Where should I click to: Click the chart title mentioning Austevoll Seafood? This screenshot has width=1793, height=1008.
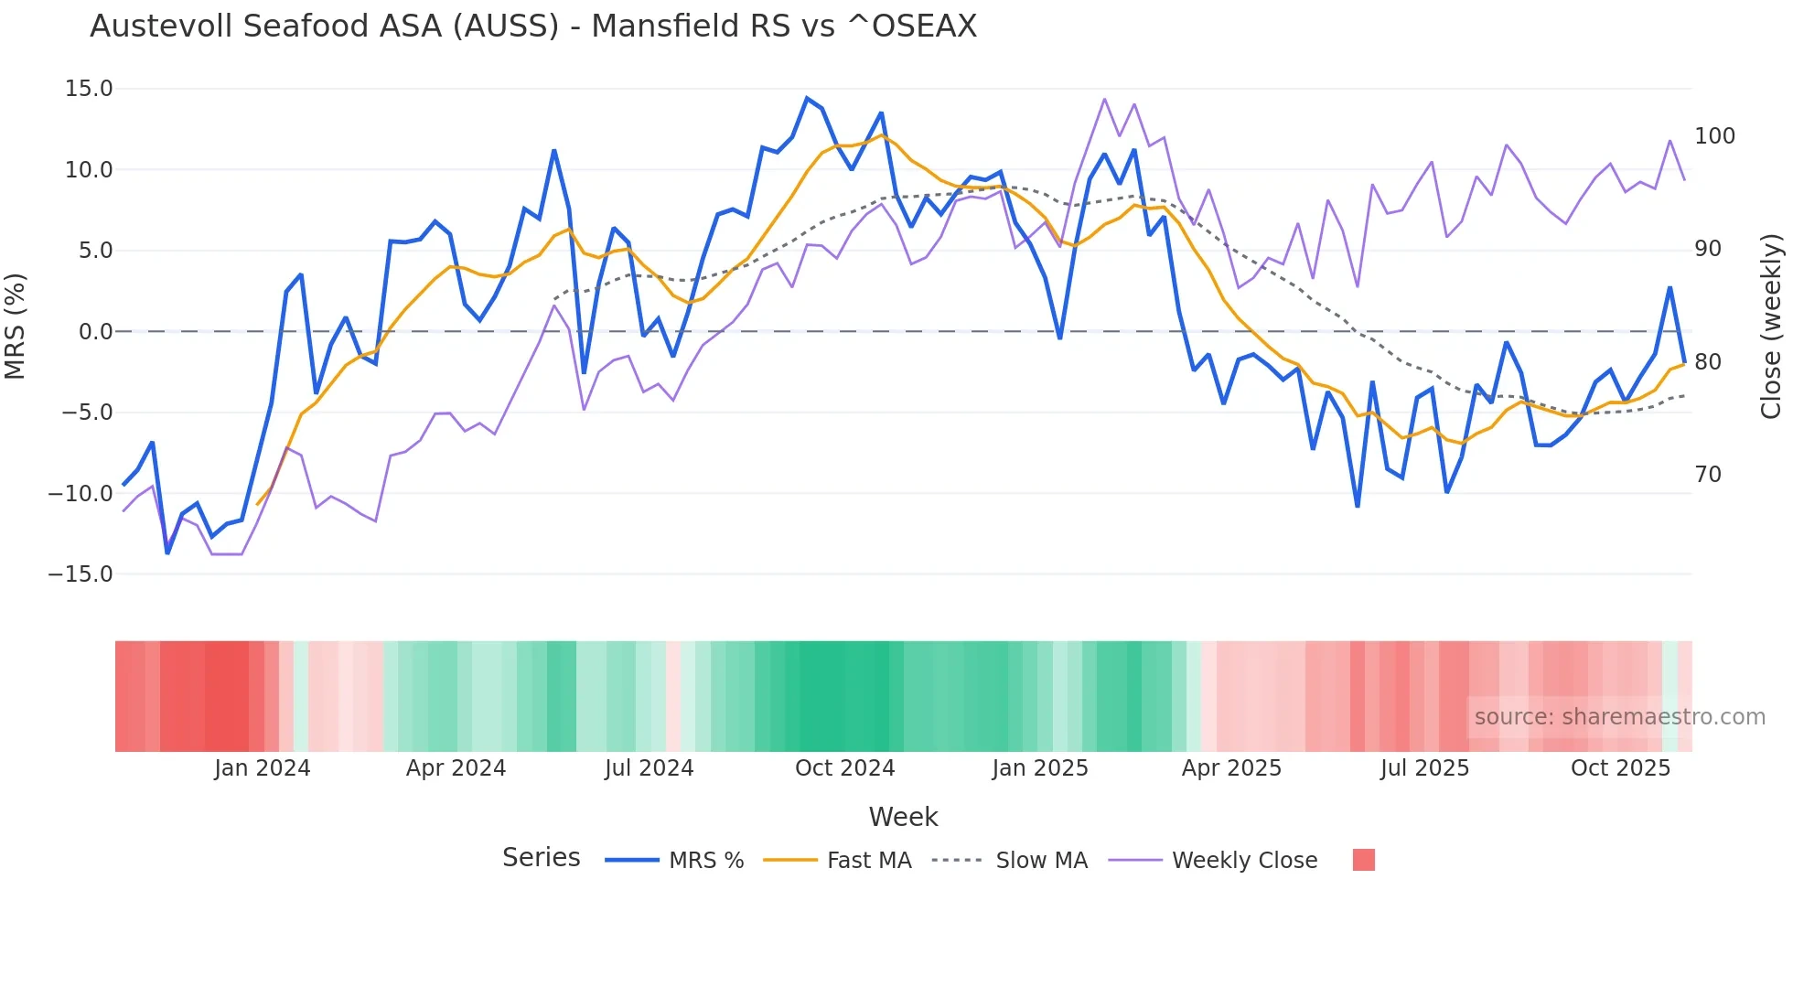(x=533, y=27)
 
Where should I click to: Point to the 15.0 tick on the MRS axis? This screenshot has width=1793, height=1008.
(x=89, y=89)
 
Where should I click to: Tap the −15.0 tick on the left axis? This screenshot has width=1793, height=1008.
(x=81, y=574)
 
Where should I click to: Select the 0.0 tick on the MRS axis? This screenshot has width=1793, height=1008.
(x=95, y=332)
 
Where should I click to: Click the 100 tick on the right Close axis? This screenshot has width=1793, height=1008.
(x=1714, y=136)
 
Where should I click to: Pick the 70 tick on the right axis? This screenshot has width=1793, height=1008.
(x=1708, y=475)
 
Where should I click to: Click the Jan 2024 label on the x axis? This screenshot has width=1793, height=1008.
(x=263, y=768)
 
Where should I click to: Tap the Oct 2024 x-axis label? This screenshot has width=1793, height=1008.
(x=844, y=768)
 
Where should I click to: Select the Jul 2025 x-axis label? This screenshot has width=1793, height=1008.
(x=1424, y=768)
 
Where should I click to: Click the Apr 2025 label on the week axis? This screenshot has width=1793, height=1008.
(x=1231, y=768)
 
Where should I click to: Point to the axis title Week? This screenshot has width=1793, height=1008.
(x=903, y=817)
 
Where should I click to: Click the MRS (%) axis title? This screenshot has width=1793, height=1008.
(x=16, y=327)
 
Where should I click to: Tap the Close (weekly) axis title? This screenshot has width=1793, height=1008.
(x=1771, y=327)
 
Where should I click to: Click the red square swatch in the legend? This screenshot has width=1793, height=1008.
(x=1363, y=860)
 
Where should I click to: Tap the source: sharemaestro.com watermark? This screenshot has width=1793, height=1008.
(x=1619, y=717)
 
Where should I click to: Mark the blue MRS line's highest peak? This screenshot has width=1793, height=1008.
(x=807, y=98)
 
